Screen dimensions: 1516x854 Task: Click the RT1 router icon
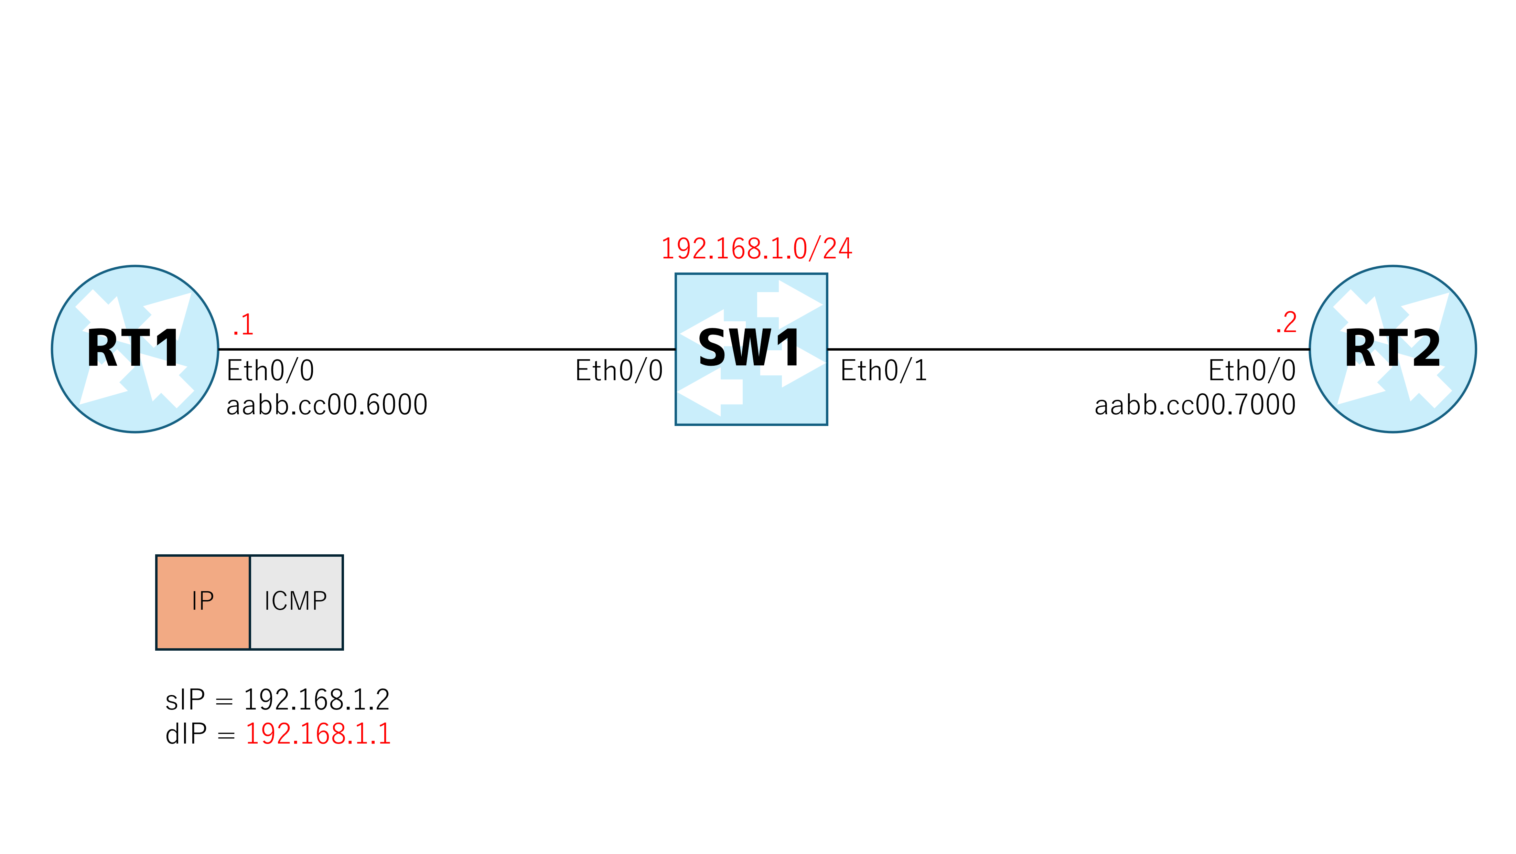[135, 349]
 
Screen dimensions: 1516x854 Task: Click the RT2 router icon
[1393, 349]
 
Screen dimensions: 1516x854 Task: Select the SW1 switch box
[751, 349]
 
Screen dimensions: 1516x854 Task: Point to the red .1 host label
[243, 324]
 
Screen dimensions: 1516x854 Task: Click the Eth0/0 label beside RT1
[270, 371]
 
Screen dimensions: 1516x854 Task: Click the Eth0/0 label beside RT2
[1252, 371]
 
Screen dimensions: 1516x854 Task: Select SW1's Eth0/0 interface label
[619, 371]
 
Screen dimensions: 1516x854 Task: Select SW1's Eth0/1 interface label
[883, 371]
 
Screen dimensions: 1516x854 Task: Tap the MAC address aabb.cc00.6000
[326, 405]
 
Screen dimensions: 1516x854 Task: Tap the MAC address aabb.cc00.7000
[1195, 405]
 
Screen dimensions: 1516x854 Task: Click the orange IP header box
[203, 602]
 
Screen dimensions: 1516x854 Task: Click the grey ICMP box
[297, 602]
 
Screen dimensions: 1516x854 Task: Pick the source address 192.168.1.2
[316, 700]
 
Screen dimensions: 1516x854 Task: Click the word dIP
[186, 734]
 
